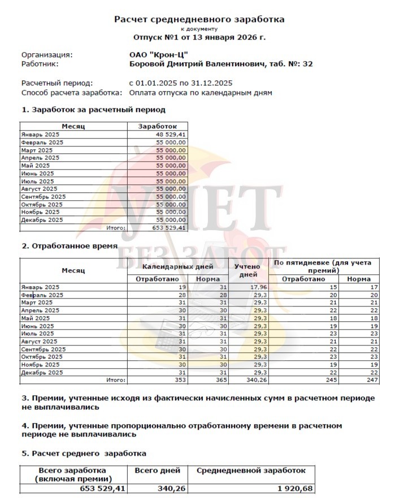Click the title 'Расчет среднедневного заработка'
point(199,19)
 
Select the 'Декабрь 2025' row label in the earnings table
point(42,220)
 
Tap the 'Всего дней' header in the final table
point(157,470)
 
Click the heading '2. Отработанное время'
point(70,246)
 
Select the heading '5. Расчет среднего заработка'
point(84,453)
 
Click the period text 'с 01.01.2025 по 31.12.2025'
point(181,83)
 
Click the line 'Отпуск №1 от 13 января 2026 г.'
point(199,37)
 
